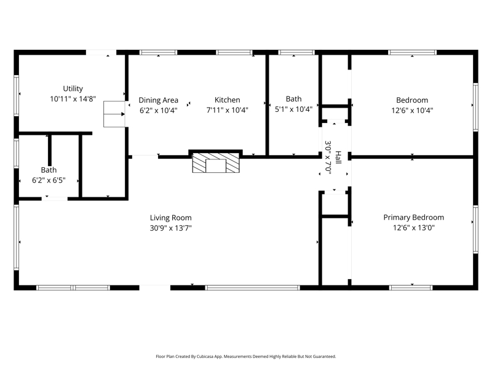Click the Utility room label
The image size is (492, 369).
(x=73, y=89)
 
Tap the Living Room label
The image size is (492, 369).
(x=171, y=218)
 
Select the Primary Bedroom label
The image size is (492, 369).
(x=413, y=218)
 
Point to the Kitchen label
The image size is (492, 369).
(x=227, y=100)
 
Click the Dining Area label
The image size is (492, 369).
(x=159, y=100)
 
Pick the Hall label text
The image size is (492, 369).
(x=338, y=157)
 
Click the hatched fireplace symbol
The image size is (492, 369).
(x=216, y=163)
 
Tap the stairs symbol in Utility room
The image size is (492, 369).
(x=114, y=114)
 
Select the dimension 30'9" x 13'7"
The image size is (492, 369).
(x=171, y=228)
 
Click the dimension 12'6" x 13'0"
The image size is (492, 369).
(x=413, y=228)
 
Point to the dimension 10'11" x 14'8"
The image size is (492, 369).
(x=73, y=99)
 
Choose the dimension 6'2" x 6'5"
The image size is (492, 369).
(x=49, y=180)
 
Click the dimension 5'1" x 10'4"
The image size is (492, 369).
(x=294, y=109)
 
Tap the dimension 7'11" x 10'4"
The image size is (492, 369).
(x=227, y=110)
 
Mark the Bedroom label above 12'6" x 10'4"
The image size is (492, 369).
(x=412, y=100)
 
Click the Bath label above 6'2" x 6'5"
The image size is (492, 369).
(x=49, y=170)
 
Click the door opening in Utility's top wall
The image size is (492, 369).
(x=101, y=52)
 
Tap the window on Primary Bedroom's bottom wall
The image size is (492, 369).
(x=411, y=288)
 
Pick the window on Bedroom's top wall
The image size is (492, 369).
(x=412, y=52)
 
